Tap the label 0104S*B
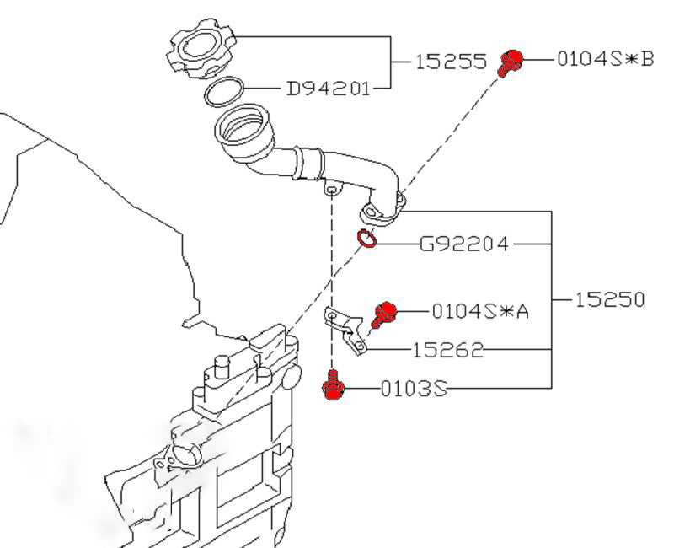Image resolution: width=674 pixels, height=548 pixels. point(605,59)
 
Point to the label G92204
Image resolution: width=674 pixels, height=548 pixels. point(464,244)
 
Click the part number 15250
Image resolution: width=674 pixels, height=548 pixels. point(611,299)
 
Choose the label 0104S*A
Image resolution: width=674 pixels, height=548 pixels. point(480,311)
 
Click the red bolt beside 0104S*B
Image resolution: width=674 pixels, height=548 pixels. point(510,62)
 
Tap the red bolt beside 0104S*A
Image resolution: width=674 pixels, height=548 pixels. point(384,313)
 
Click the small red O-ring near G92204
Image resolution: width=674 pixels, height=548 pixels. point(366,240)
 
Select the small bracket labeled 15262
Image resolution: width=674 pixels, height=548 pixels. point(346,330)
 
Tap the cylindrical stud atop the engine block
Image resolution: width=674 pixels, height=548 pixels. point(222,368)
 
